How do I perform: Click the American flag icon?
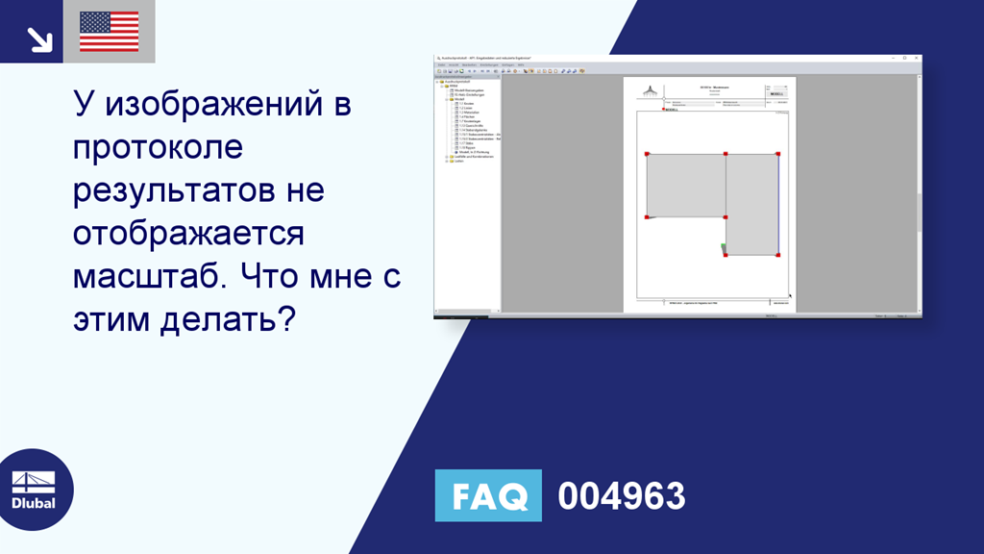109,31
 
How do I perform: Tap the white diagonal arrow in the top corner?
38,37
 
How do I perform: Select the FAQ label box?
488,495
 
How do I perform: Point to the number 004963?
622,496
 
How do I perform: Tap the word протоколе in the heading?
159,147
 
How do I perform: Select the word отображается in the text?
188,233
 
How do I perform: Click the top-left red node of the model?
647,154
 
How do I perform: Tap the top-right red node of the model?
777,154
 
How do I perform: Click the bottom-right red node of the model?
777,255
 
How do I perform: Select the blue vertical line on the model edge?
777,204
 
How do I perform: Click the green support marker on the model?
723,249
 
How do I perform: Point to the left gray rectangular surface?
685,186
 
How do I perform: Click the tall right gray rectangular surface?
750,204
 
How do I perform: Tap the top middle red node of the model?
726,154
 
